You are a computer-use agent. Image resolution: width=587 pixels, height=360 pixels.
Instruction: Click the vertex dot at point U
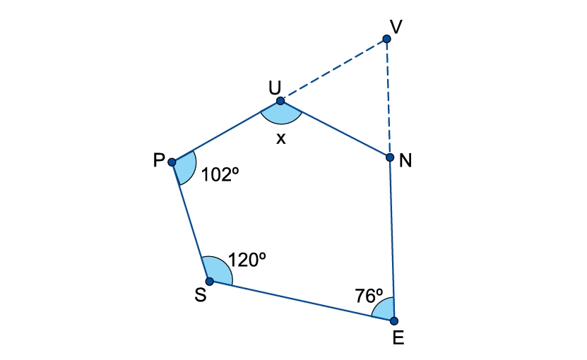[280, 101]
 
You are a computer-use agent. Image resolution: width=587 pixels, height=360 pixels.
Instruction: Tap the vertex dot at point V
[386, 39]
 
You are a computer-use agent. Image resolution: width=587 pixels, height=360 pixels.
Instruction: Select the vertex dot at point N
[390, 157]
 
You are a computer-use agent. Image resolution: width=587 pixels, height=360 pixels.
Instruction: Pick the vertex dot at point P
[172, 162]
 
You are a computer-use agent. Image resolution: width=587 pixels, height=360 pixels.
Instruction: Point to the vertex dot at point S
[210, 282]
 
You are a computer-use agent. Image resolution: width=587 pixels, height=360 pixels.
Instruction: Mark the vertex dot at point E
[394, 320]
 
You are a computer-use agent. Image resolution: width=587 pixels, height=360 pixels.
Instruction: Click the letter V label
[396, 27]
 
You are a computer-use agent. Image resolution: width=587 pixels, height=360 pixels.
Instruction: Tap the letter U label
[275, 88]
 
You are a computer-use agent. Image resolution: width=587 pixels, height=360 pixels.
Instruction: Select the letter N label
[405, 160]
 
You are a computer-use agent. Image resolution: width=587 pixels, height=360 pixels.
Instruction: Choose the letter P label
[159, 160]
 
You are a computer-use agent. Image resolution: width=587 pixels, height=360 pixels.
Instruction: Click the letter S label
[201, 295]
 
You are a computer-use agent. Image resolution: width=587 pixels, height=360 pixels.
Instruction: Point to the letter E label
[398, 338]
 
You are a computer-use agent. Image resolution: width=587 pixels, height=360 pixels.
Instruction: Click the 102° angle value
[220, 174]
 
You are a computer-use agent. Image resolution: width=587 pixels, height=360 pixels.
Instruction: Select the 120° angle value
[247, 260]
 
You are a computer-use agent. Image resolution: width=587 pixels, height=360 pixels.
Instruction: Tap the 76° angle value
[369, 296]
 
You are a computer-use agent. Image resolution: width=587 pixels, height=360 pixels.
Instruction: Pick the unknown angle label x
[280, 139]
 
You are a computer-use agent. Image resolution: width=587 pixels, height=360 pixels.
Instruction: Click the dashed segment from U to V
[333, 70]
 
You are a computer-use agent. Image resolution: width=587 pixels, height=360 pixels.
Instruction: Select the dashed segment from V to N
[389, 98]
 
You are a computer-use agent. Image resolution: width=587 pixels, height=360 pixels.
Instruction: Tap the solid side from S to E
[302, 301]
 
